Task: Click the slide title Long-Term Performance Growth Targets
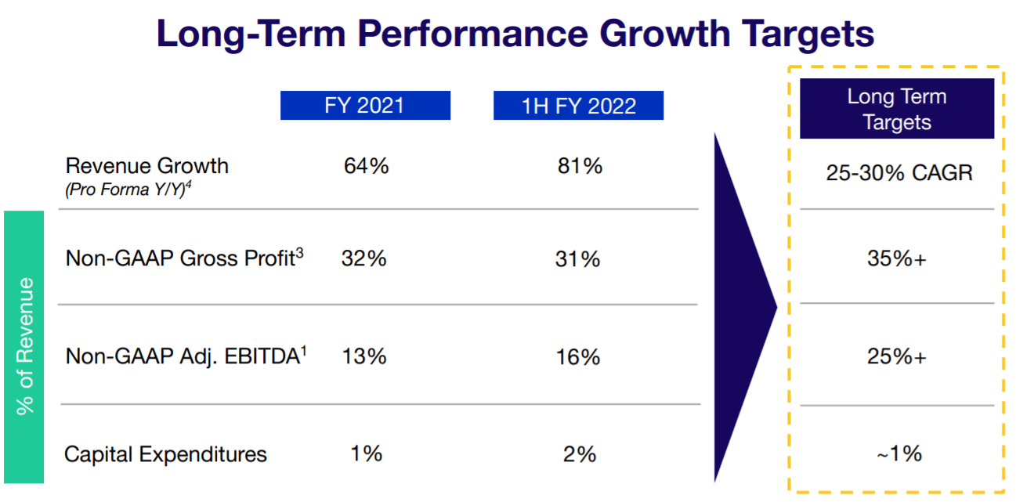515,34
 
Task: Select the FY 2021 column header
365,106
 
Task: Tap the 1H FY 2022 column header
578,106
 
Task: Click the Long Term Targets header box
896,109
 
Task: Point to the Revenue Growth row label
146,166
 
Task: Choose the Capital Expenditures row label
165,454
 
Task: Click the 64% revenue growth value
366,166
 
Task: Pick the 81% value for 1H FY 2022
580,166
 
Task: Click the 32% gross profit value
364,258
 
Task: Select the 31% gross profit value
578,258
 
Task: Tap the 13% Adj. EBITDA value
364,356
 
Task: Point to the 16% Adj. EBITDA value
578,357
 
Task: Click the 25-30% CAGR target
899,173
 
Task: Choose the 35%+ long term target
897,259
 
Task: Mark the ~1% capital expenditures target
897,453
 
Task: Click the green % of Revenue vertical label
24,346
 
